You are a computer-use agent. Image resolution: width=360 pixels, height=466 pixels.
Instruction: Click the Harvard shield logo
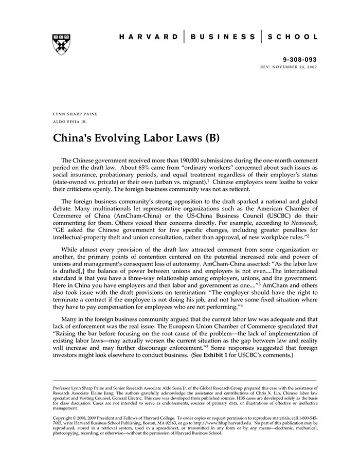click(61, 45)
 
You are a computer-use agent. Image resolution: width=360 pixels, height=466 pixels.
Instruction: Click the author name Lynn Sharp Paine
click(75, 113)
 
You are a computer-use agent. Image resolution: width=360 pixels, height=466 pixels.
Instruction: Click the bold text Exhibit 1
click(217, 355)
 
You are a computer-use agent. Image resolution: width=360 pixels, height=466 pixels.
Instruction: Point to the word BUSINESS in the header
click(222, 37)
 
